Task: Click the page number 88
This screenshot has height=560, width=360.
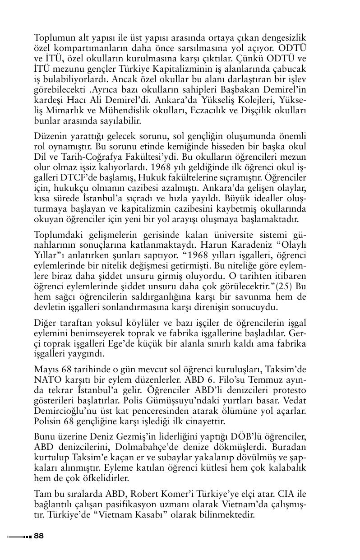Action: pos(38,536)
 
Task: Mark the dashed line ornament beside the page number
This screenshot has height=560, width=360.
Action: pos(19,537)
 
